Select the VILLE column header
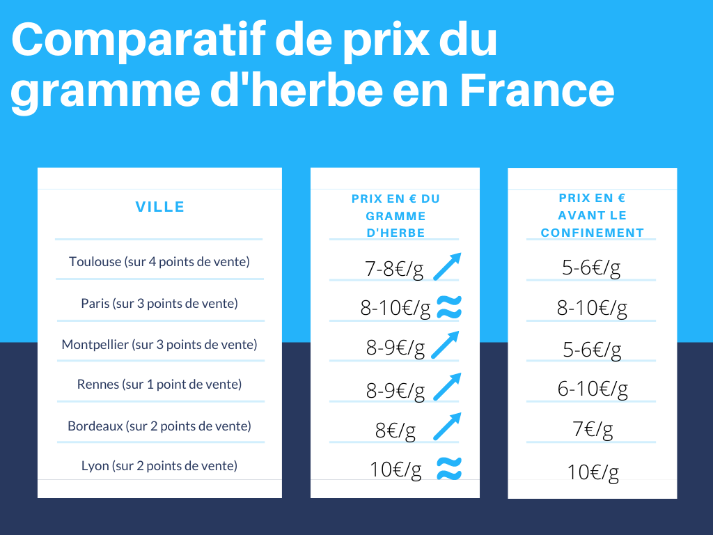click(x=159, y=207)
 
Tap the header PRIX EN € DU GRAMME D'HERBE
click(x=395, y=216)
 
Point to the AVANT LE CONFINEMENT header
click(x=593, y=215)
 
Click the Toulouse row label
click(x=159, y=262)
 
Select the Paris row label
click(x=159, y=304)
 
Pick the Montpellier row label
click(x=159, y=344)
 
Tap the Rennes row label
click(x=159, y=384)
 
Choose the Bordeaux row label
click(x=159, y=426)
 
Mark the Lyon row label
click(x=159, y=465)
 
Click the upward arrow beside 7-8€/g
click(x=447, y=267)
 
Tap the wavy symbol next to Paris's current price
click(x=449, y=307)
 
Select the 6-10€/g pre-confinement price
click(x=593, y=389)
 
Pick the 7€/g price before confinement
click(x=593, y=430)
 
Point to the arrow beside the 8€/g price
click(x=447, y=426)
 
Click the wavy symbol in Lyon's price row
click(x=449, y=470)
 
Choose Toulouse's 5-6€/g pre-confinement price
click(x=592, y=268)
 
